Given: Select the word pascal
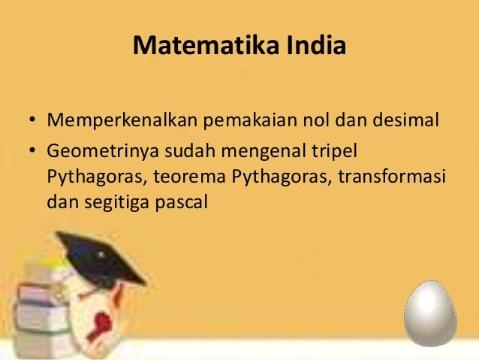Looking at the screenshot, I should point(179,203).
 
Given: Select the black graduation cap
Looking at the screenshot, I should point(98,256).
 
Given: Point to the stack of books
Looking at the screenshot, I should point(41,301).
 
